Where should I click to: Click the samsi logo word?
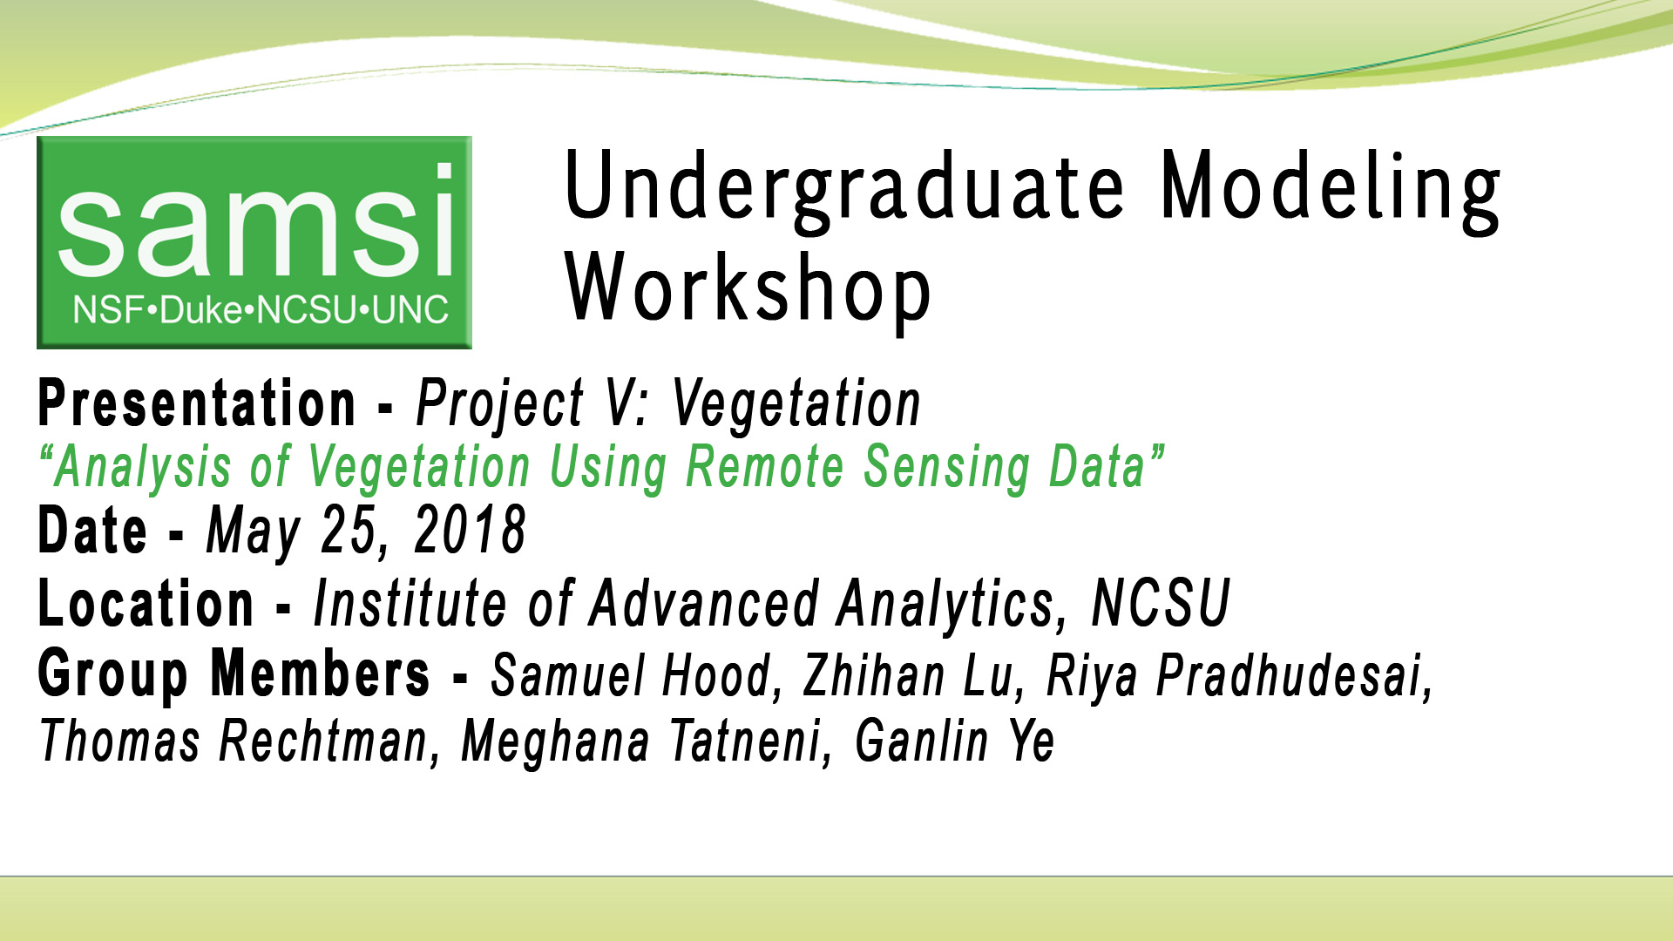pos(254,222)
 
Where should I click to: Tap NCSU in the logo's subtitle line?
pos(307,310)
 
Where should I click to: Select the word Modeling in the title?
pos(1330,187)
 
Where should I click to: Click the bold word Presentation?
pos(197,403)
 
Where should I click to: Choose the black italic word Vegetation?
pos(796,403)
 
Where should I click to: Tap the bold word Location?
pos(146,603)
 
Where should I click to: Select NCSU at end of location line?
pos(1160,603)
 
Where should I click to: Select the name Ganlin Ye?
pos(955,741)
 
